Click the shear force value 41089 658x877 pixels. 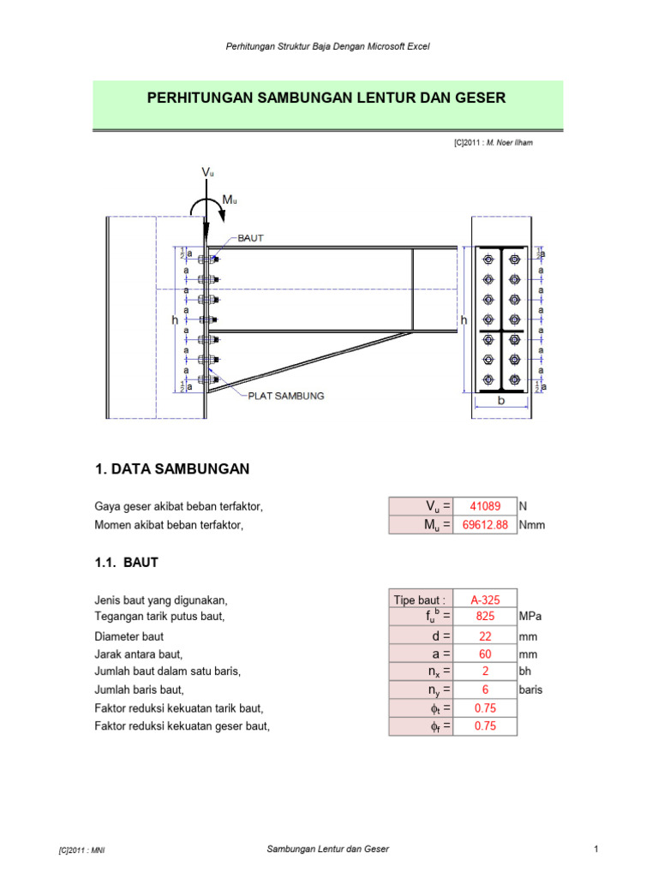tap(485, 506)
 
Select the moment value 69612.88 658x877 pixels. tap(485, 525)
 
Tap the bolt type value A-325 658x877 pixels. tap(485, 600)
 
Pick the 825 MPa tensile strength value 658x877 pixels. tap(485, 616)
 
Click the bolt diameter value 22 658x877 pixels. tap(485, 636)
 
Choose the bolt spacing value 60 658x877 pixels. tap(485, 653)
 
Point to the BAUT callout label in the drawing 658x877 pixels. tap(250, 238)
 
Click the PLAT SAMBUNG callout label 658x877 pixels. tap(286, 396)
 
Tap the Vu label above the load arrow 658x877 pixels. tap(207, 172)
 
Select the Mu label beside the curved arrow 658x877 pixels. tap(230, 200)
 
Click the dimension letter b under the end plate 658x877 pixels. tap(501, 401)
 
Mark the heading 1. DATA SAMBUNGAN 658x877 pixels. tap(172, 468)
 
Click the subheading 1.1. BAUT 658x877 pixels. tap(127, 562)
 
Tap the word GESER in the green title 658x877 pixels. tap(480, 98)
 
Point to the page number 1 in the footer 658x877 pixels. tap(596, 849)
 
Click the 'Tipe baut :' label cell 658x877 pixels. tap(420, 600)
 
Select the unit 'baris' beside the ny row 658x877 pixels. tap(530, 689)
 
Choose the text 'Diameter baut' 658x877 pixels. tap(129, 636)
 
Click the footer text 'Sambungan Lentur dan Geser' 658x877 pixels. tap(328, 849)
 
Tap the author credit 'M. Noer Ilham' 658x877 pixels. tap(510, 143)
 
